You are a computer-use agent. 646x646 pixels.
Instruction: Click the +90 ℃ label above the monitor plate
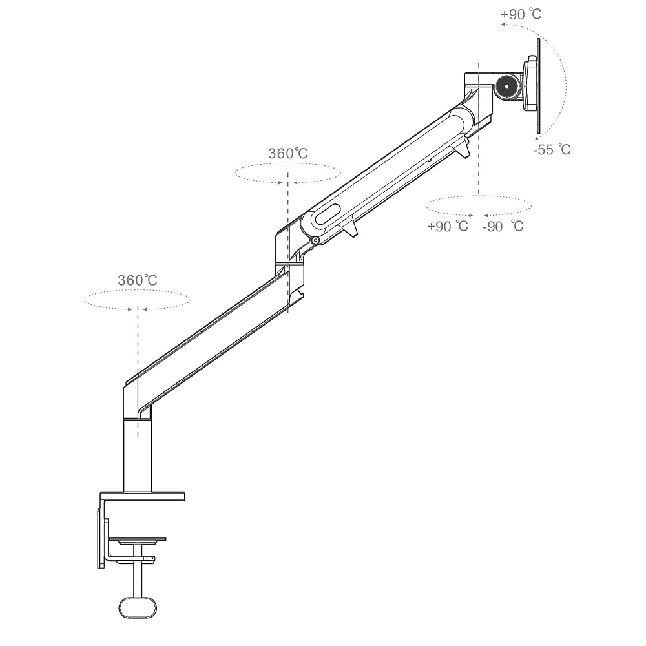(x=521, y=14)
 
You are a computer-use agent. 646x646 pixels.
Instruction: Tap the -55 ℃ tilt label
(x=552, y=149)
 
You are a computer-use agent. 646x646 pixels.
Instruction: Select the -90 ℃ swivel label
(x=503, y=226)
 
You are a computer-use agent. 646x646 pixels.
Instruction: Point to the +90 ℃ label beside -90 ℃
(x=448, y=226)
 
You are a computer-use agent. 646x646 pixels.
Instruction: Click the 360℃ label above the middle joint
(x=288, y=153)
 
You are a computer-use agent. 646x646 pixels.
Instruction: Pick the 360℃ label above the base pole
(x=138, y=280)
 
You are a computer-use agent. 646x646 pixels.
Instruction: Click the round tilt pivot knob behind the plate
(x=508, y=87)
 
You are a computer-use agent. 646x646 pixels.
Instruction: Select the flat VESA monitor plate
(x=538, y=86)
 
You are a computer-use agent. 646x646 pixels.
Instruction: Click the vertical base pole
(x=138, y=455)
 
